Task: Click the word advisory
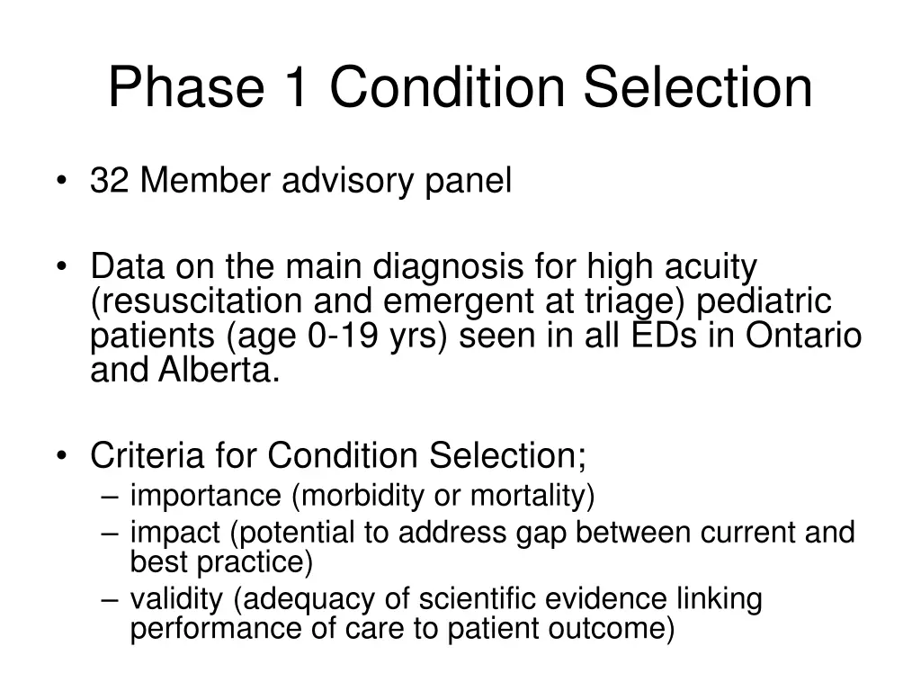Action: pos(348,181)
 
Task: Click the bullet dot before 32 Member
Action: pos(61,183)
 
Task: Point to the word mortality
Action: pos(532,495)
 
